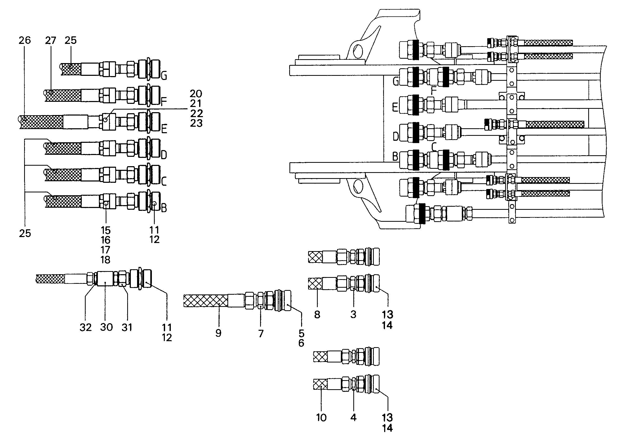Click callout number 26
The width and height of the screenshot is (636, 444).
[x=25, y=41]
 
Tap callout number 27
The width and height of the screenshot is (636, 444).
[x=51, y=41]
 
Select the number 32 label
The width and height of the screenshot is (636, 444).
[x=86, y=328]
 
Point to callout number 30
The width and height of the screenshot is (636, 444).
[x=106, y=327]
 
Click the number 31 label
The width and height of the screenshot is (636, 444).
[x=127, y=328]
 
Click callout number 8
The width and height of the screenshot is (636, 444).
[x=317, y=315]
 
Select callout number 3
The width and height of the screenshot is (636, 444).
[x=353, y=315]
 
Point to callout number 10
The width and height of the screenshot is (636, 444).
[x=321, y=418]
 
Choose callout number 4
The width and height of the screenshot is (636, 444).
[x=354, y=418]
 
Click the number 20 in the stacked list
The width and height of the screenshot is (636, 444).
[x=196, y=94]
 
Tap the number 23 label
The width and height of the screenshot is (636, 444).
[x=196, y=123]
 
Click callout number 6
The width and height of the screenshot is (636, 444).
[x=301, y=343]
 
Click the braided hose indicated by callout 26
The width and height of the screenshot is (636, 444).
[x=42, y=122]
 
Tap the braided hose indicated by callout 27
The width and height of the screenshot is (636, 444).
[x=63, y=96]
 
